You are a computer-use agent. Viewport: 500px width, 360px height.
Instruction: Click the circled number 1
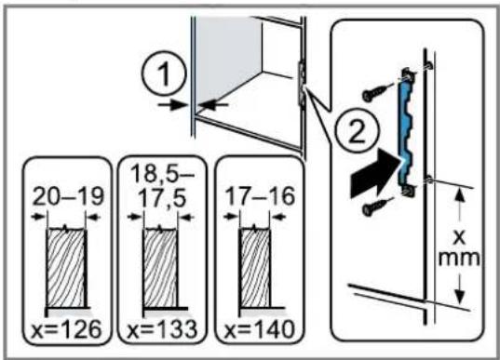(x=164, y=73)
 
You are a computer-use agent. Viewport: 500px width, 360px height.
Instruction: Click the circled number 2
(x=357, y=131)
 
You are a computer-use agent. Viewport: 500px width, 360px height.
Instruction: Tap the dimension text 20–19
(x=68, y=196)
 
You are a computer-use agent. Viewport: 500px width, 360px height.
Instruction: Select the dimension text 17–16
(x=260, y=195)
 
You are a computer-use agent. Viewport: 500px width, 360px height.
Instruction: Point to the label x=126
(x=66, y=329)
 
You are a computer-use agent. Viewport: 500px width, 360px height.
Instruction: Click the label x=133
(x=162, y=329)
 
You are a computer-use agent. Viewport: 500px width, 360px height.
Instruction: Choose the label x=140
(x=259, y=329)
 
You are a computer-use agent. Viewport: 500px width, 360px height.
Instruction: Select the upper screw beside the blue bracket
(x=377, y=92)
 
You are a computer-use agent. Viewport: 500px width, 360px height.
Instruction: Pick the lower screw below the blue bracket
(x=377, y=207)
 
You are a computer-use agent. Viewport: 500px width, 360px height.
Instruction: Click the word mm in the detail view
(x=459, y=259)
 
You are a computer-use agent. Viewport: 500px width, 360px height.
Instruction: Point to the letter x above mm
(x=459, y=237)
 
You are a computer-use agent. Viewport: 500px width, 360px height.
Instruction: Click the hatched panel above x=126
(x=66, y=269)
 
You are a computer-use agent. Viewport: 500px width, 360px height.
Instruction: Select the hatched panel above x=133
(x=160, y=269)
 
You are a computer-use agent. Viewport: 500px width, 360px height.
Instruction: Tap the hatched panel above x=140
(x=255, y=269)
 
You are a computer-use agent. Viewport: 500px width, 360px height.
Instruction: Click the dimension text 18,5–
(x=162, y=174)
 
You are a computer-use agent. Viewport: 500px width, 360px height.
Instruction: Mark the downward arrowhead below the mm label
(x=460, y=296)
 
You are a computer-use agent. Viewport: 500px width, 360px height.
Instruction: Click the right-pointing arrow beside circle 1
(x=173, y=104)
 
